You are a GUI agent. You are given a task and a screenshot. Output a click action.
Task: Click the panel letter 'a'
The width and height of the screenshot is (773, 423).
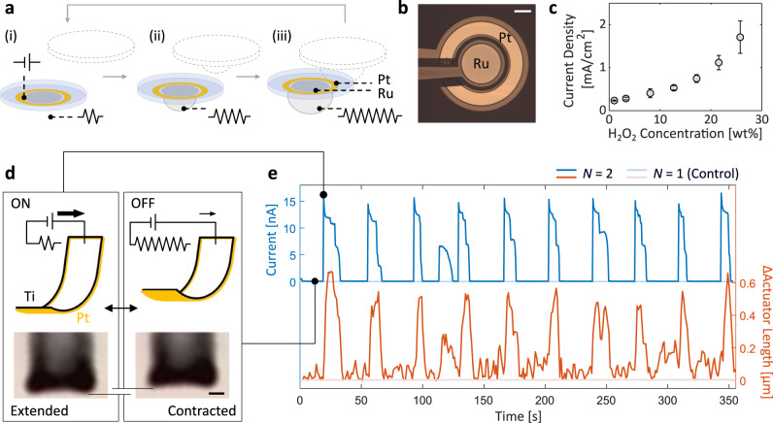click(x=7, y=9)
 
